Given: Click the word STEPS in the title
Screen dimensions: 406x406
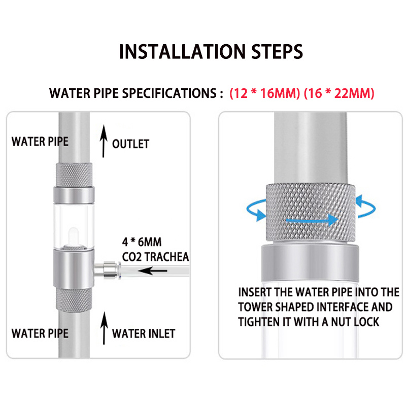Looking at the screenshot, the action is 277,52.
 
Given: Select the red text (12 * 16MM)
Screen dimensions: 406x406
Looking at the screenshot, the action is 264,93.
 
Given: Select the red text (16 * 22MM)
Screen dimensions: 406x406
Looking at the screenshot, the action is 339,93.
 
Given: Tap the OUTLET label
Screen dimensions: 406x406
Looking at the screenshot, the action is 130,144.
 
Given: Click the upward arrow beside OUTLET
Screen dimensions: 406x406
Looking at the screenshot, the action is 104,141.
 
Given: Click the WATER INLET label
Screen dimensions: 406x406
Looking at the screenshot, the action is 144,333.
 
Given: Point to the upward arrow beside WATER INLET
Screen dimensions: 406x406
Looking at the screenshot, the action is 104,328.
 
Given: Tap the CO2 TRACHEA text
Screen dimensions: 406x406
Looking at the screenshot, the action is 155,257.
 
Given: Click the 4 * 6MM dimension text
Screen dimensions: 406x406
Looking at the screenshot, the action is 142,242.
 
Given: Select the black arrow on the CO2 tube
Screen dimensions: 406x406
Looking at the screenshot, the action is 153,271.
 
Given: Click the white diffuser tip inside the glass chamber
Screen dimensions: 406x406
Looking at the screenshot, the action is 73,236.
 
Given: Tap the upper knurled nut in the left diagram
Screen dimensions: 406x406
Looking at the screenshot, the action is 74,175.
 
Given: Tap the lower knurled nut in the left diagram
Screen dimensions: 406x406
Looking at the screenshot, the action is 74,299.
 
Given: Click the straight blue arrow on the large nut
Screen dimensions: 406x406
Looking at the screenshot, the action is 312,220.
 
